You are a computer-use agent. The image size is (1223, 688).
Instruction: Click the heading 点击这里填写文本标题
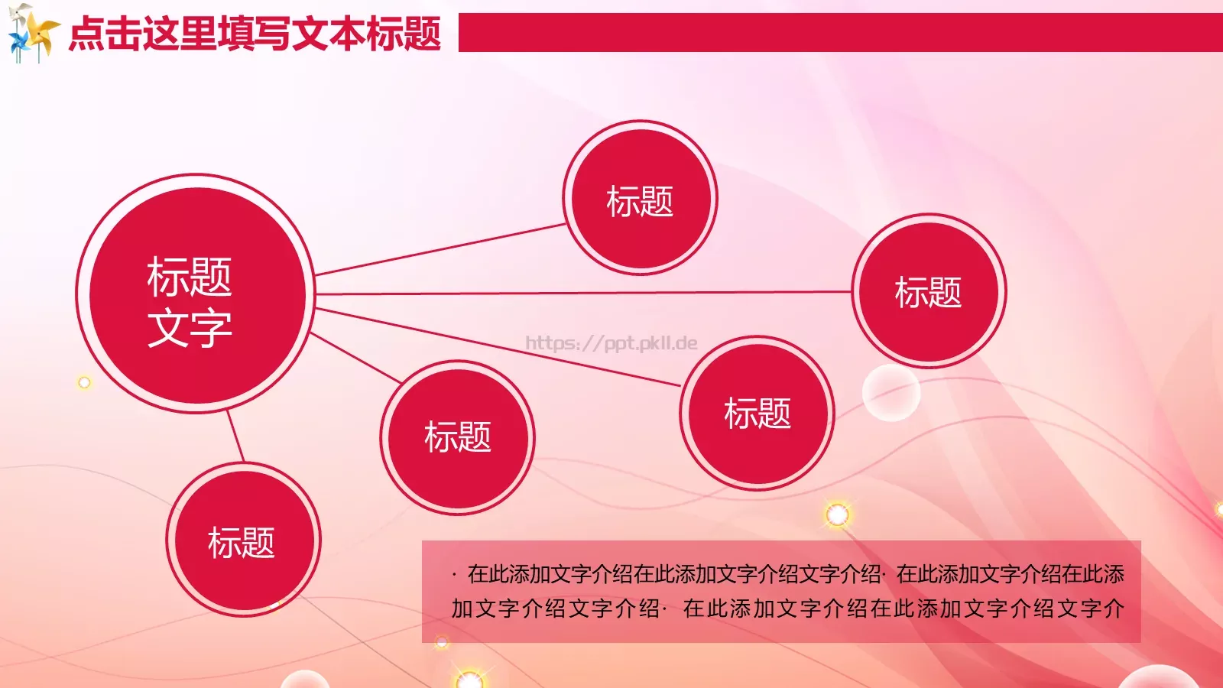pyautogui.click(x=255, y=34)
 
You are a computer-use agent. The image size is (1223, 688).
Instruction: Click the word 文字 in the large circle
pyautogui.click(x=190, y=328)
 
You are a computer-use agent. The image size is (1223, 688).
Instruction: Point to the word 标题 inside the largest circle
pyautogui.click(x=190, y=277)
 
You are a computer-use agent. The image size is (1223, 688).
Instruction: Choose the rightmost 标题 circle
pyautogui.click(x=929, y=290)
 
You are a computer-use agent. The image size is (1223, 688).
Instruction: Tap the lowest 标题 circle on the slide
pyautogui.click(x=243, y=540)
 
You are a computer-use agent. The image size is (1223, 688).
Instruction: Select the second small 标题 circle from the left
pyautogui.click(x=457, y=437)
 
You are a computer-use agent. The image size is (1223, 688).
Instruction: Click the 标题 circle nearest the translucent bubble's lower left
pyautogui.click(x=757, y=413)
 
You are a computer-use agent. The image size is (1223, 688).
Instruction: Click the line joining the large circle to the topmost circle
pyautogui.click(x=440, y=249)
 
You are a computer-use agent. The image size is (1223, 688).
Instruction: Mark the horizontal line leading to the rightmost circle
pyautogui.click(x=581, y=293)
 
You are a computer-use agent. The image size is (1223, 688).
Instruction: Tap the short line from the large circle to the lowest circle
pyautogui.click(x=235, y=436)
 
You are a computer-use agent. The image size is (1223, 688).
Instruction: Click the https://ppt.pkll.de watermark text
pyautogui.click(x=611, y=343)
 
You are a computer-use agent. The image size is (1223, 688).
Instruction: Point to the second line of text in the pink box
pyautogui.click(x=787, y=608)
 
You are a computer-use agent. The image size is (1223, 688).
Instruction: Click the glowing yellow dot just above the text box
pyautogui.click(x=837, y=514)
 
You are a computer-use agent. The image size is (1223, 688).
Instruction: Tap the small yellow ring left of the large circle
pyautogui.click(x=84, y=382)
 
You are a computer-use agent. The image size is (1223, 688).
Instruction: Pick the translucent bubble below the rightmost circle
pyautogui.click(x=890, y=393)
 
